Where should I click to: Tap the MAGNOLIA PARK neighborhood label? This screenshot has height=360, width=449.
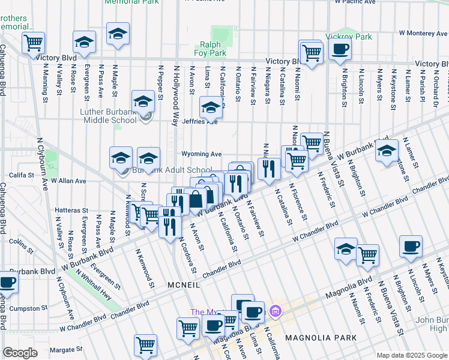317,338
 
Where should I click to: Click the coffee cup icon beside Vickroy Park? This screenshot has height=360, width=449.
340,49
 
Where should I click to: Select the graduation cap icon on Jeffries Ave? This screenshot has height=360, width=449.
211,108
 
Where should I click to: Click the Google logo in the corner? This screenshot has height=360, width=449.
20,353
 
